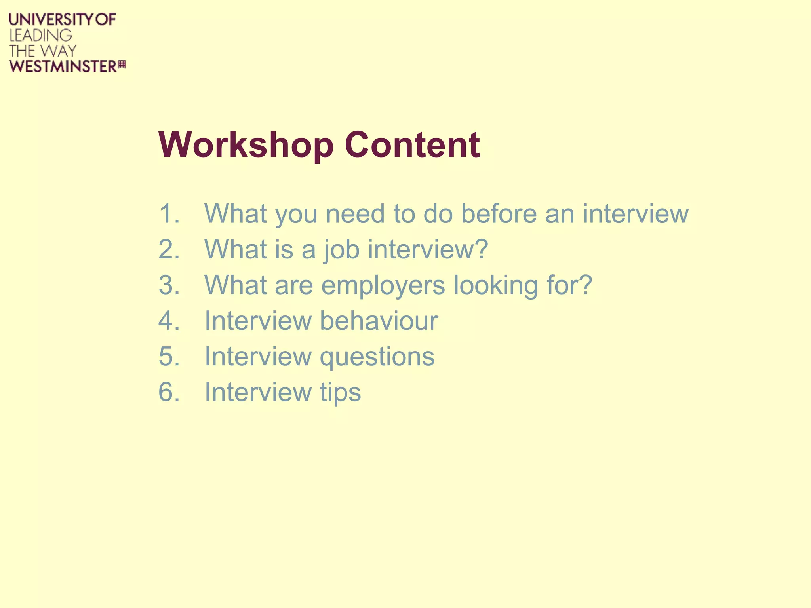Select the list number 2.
[169, 249]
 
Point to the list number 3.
[169, 285]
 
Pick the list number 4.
[169, 321]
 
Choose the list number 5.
[169, 356]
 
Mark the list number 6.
[169, 392]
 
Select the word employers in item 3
[383, 286]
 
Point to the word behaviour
[379, 321]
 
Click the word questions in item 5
[377, 357]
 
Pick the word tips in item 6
[341, 393]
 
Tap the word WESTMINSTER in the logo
[63, 66]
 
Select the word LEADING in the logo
[40, 35]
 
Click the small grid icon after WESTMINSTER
[122, 65]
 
